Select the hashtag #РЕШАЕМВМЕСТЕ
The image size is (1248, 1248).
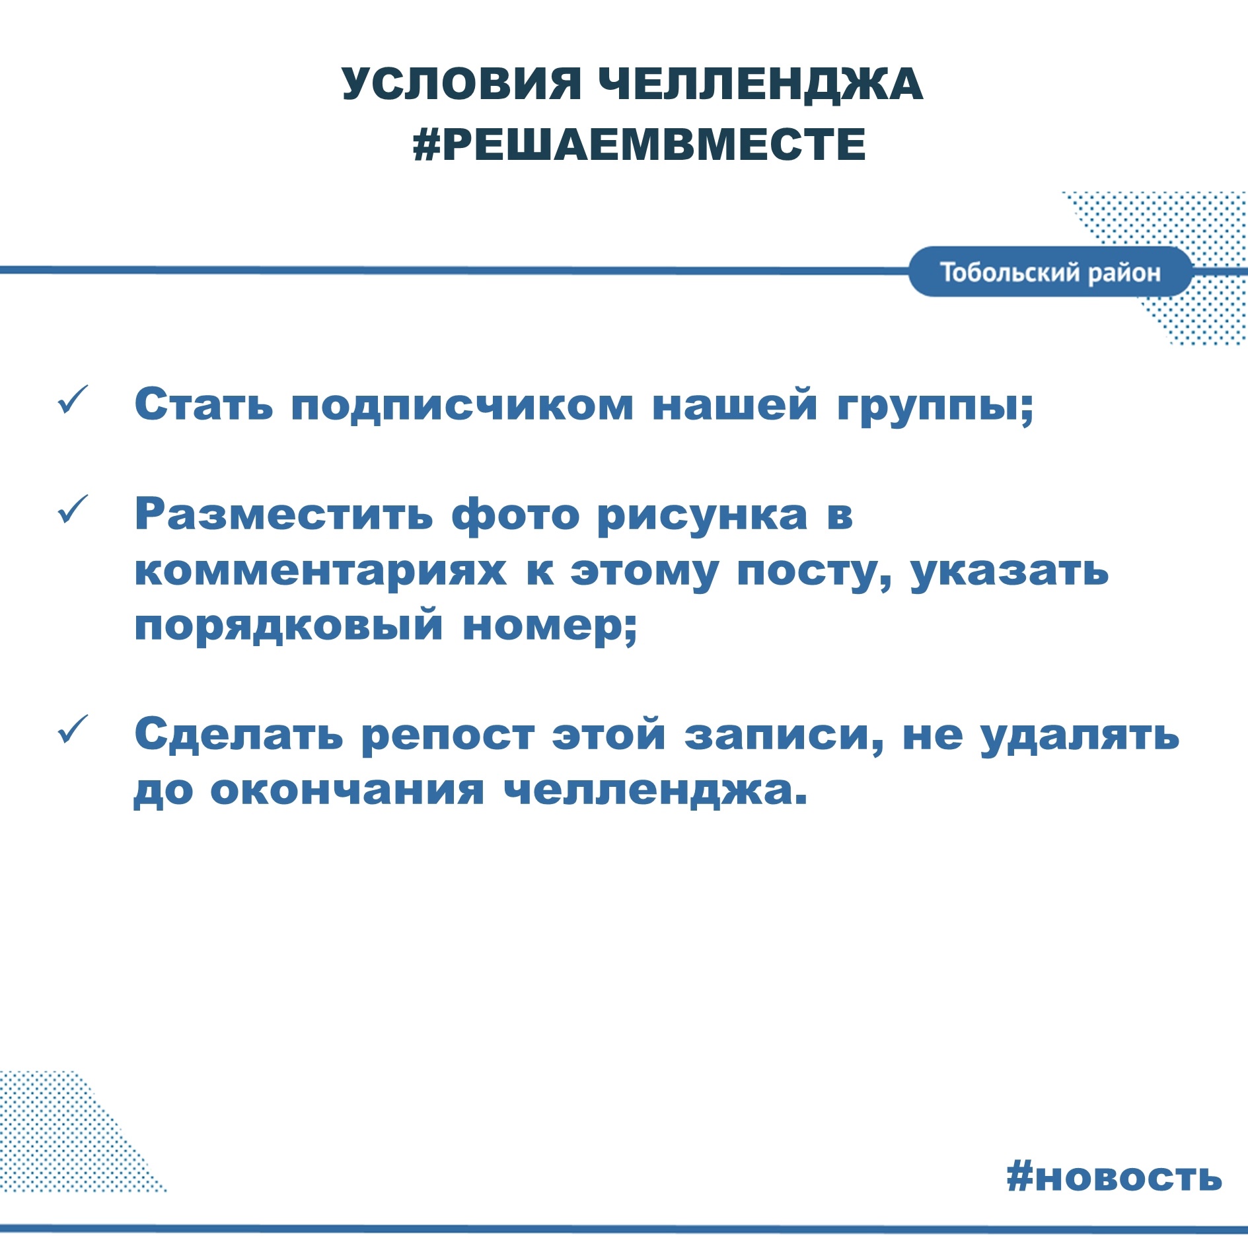click(639, 144)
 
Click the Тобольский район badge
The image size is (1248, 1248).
click(1050, 272)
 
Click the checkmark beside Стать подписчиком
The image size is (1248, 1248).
click(73, 400)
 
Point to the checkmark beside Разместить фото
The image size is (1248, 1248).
click(73, 509)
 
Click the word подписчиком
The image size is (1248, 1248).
click(462, 405)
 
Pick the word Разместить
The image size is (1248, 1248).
click(284, 513)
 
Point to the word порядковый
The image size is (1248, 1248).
click(288, 625)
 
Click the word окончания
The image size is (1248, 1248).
click(348, 790)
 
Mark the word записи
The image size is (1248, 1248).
click(784, 735)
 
